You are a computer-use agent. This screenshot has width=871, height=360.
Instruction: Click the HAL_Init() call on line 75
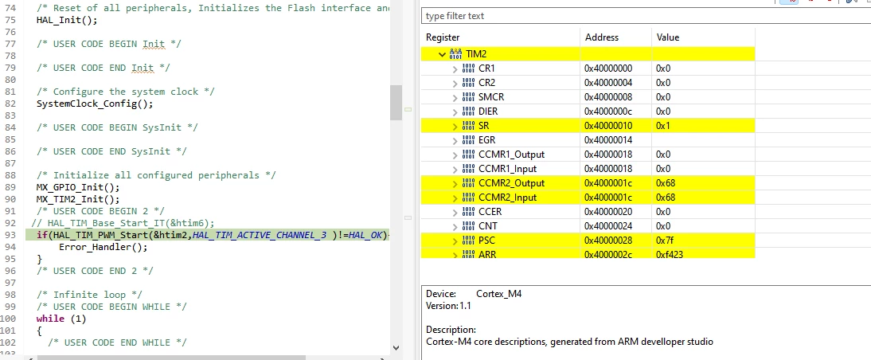click(67, 20)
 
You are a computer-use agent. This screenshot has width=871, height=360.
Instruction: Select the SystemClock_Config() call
click(95, 104)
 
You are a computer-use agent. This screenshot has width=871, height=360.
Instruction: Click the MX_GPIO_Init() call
click(78, 187)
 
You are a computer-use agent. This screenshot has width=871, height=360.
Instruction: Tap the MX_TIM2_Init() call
click(78, 199)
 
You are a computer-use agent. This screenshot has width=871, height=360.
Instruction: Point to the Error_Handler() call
click(104, 247)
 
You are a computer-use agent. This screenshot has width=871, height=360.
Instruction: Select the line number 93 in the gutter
click(10, 235)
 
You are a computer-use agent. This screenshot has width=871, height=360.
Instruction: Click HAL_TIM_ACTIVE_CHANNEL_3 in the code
click(260, 235)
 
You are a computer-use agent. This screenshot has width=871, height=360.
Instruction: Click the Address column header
click(602, 37)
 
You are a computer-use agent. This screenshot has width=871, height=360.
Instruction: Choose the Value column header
click(668, 37)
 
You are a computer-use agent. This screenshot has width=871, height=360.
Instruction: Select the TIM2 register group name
click(476, 54)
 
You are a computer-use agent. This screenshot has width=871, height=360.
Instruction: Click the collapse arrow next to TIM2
click(442, 54)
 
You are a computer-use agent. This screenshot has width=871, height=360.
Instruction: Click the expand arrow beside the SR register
click(455, 126)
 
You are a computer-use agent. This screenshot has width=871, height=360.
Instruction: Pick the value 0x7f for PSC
click(665, 241)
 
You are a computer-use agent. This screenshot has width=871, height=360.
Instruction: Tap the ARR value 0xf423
click(670, 254)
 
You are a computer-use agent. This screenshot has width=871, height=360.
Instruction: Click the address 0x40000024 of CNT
click(608, 226)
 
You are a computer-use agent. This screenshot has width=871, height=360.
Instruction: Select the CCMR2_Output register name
click(512, 183)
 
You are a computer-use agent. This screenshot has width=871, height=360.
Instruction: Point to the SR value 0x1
click(663, 126)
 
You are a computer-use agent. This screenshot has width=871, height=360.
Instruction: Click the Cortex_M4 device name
click(499, 294)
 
